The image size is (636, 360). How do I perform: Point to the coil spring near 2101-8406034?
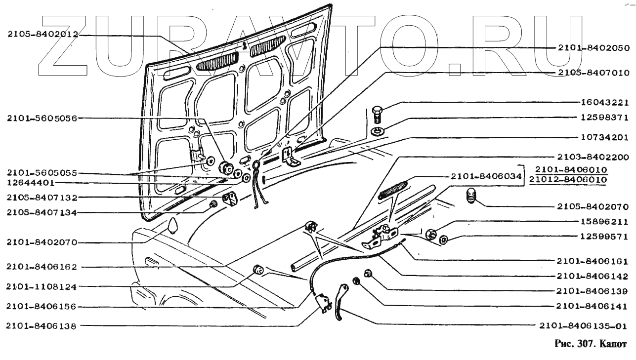(393, 190)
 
